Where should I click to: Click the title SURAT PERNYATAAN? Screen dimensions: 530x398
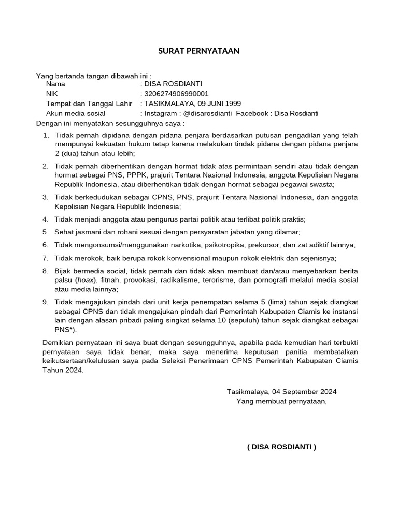click(x=199, y=51)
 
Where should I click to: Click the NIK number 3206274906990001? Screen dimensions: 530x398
click(x=176, y=94)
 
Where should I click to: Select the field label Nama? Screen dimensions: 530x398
click(x=56, y=84)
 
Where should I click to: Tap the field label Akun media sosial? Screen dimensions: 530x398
click(x=76, y=113)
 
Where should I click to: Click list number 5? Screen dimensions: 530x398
click(x=46, y=232)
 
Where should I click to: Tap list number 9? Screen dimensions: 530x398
click(x=46, y=302)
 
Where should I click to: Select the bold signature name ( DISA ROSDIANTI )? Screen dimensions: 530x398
click(x=281, y=447)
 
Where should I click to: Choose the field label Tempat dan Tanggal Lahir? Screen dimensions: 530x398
click(x=89, y=104)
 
